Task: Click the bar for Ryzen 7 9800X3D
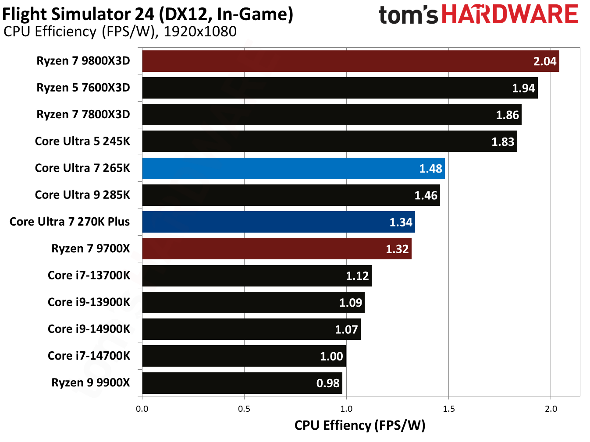(350, 61)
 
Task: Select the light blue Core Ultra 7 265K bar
(293, 169)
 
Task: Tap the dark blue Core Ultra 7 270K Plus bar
(278, 222)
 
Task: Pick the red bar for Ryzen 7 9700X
(277, 249)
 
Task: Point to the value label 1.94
(523, 88)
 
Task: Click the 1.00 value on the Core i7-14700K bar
(331, 357)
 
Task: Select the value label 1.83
(502, 142)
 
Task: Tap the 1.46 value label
(426, 195)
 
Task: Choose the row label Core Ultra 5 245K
(82, 141)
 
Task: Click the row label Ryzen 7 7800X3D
(83, 115)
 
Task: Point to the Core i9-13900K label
(89, 302)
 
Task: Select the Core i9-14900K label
(89, 329)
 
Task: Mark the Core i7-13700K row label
(89, 276)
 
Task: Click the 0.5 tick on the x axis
(244, 409)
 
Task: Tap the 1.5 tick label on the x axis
(448, 409)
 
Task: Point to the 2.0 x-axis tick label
(551, 409)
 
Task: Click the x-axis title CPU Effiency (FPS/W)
(359, 425)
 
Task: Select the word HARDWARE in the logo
(509, 14)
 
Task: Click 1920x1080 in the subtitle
(200, 32)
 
